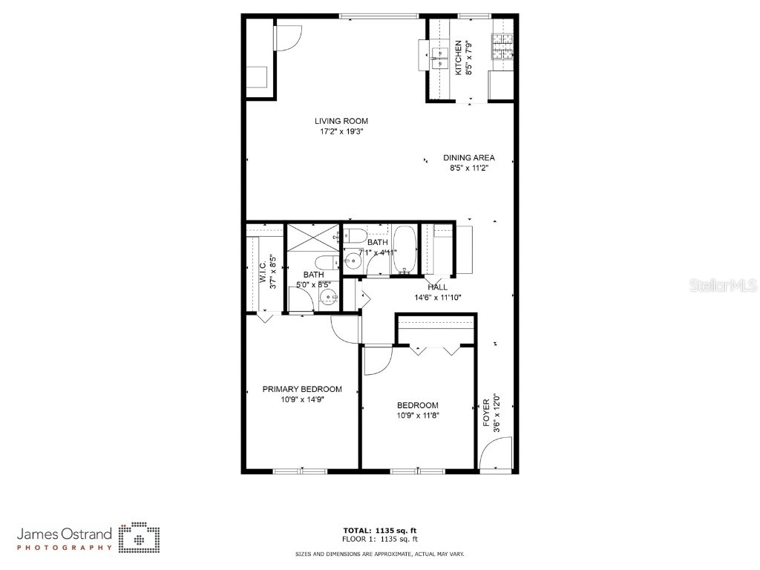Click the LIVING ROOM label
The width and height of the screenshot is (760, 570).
pyautogui.click(x=341, y=121)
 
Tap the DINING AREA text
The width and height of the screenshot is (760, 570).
pyautogui.click(x=468, y=157)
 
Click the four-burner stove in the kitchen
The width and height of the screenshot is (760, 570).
pyautogui.click(x=503, y=46)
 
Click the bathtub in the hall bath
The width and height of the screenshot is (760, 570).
pyautogui.click(x=404, y=249)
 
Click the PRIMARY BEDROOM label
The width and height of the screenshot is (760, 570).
pyautogui.click(x=302, y=389)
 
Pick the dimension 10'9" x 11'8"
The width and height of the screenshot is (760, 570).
pyautogui.click(x=417, y=416)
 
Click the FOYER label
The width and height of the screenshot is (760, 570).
pyautogui.click(x=487, y=410)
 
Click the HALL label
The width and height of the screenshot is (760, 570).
pyautogui.click(x=437, y=287)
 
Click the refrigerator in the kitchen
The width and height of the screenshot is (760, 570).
pyautogui.click(x=501, y=85)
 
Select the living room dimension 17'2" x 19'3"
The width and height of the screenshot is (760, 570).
pyautogui.click(x=341, y=131)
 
